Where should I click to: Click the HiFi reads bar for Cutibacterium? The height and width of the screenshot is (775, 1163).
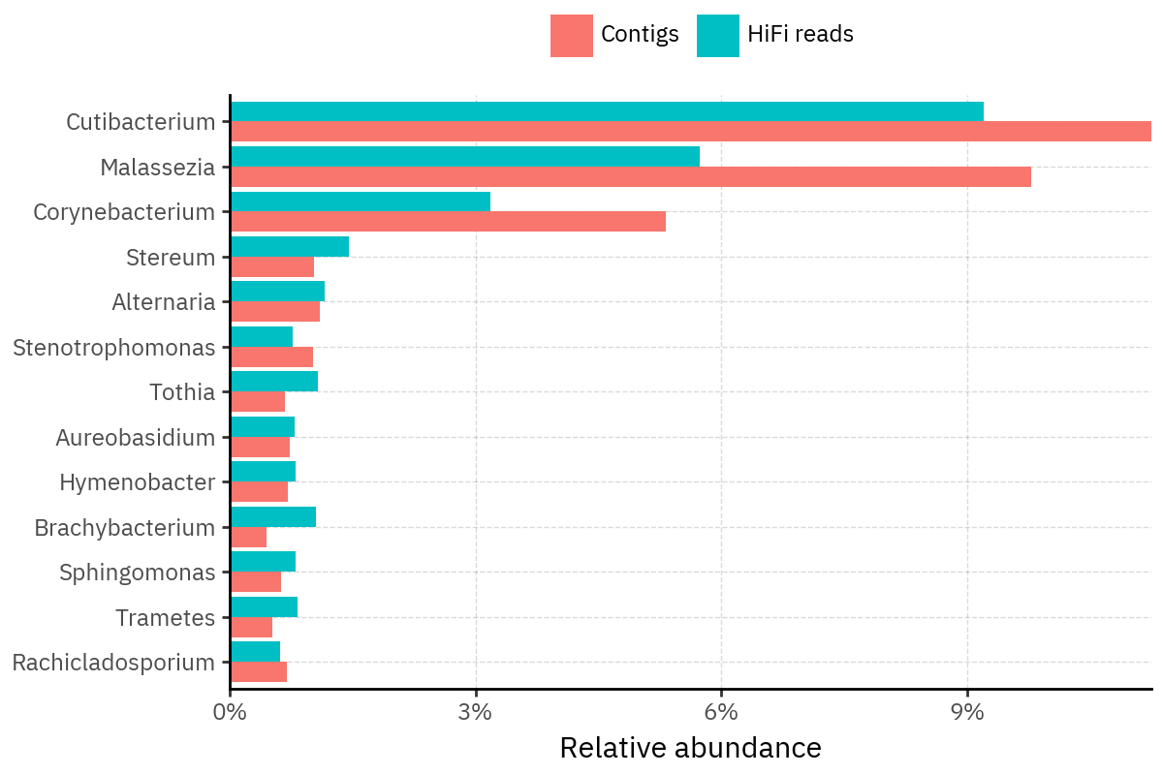click(x=607, y=111)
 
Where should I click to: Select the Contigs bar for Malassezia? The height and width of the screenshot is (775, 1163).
click(x=631, y=177)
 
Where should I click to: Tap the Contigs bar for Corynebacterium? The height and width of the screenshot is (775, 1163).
click(x=448, y=222)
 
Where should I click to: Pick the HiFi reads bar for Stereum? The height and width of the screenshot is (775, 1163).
click(x=290, y=247)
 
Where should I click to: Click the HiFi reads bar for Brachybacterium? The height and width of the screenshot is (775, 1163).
click(x=273, y=517)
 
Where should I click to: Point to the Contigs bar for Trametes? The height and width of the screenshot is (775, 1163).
click(x=252, y=628)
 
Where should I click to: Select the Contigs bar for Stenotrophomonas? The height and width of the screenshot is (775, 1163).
click(x=272, y=357)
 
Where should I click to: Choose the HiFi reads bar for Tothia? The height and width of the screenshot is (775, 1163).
click(x=274, y=382)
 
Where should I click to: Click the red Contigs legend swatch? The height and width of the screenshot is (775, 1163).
click(x=571, y=36)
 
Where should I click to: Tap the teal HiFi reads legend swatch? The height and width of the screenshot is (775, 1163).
click(x=717, y=36)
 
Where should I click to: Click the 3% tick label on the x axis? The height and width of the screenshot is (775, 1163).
click(x=476, y=711)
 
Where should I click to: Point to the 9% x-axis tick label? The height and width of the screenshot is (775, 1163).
click(x=967, y=711)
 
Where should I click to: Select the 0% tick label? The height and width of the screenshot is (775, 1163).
click(x=230, y=711)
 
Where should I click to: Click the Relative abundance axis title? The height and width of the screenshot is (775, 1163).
click(x=690, y=748)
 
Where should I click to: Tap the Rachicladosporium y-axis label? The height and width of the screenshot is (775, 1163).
click(x=113, y=663)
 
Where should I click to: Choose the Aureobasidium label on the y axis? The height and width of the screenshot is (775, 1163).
click(x=135, y=438)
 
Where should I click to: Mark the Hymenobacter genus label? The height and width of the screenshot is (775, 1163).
click(x=137, y=482)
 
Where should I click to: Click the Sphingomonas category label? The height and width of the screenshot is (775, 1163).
click(x=137, y=573)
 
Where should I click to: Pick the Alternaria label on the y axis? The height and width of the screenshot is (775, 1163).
click(x=163, y=302)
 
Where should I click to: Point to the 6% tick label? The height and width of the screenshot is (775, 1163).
click(x=721, y=711)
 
